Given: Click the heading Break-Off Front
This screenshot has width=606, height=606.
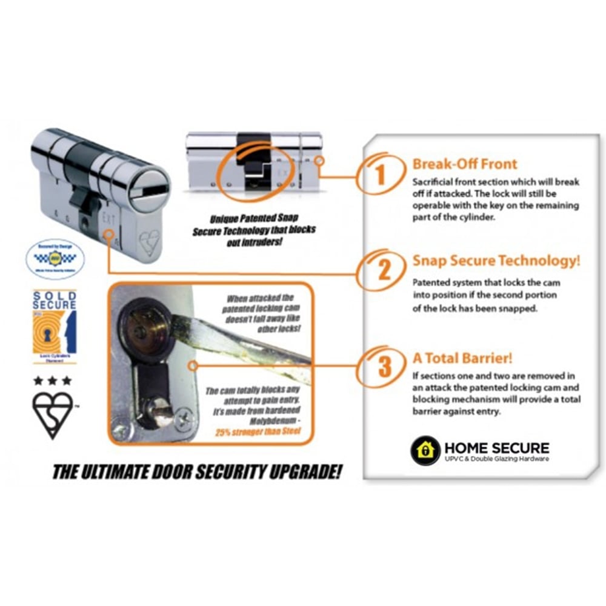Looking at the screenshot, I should [464, 164].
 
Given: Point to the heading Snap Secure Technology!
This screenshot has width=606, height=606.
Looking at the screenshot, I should [496, 261].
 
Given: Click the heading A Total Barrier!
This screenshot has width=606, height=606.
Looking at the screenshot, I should [462, 359].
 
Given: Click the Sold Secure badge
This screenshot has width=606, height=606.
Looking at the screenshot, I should [55, 326].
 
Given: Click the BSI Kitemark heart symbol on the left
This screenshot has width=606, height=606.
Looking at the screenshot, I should [53, 413].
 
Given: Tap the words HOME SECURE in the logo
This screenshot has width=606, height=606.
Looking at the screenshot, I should [496, 448].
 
